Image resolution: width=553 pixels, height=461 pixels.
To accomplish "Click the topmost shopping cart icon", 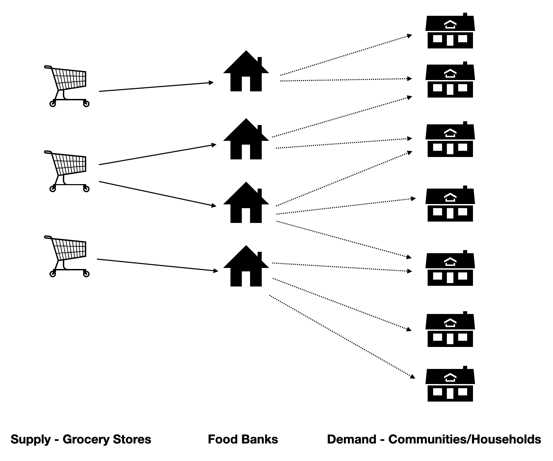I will pyautogui.click(x=67, y=86).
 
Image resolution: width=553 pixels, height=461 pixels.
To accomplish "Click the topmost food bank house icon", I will pyautogui.click(x=246, y=72).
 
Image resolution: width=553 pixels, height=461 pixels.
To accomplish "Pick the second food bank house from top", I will pyautogui.click(x=246, y=140).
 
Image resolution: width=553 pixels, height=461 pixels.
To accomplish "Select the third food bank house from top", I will pyautogui.click(x=246, y=203).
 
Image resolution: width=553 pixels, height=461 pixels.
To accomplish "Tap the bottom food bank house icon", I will pyautogui.click(x=246, y=267).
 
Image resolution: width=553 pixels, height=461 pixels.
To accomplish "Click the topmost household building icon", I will pyautogui.click(x=450, y=32).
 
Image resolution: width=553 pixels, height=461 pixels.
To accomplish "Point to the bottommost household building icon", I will pyautogui.click(x=450, y=385).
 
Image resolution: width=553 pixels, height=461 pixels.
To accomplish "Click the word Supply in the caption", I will pyautogui.click(x=30, y=439).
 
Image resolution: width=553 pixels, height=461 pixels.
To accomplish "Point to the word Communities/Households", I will pyautogui.click(x=464, y=439).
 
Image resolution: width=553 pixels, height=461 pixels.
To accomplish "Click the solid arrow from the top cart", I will pyautogui.click(x=156, y=87).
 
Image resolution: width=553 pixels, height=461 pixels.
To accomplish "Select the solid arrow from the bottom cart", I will pyautogui.click(x=157, y=265).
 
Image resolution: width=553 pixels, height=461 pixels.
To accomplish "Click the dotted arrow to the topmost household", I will pyautogui.click(x=346, y=55).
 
